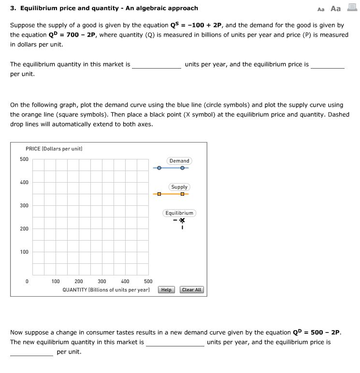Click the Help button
(x=166, y=290)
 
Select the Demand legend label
(x=179, y=161)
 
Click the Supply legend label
(x=179, y=187)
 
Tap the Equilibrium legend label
(x=179, y=213)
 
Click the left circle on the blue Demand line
(x=159, y=168)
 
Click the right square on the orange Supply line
(x=182, y=194)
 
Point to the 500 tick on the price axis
(x=24, y=159)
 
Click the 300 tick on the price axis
(x=24, y=206)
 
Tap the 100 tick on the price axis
(x=24, y=252)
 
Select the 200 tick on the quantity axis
(x=78, y=281)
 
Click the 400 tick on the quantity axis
(x=125, y=281)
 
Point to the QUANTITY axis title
(x=106, y=290)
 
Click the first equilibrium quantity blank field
(x=157, y=65)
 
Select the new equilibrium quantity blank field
(x=175, y=342)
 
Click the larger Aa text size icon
(x=335, y=9)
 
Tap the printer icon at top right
(x=351, y=8)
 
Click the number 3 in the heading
(x=12, y=8)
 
